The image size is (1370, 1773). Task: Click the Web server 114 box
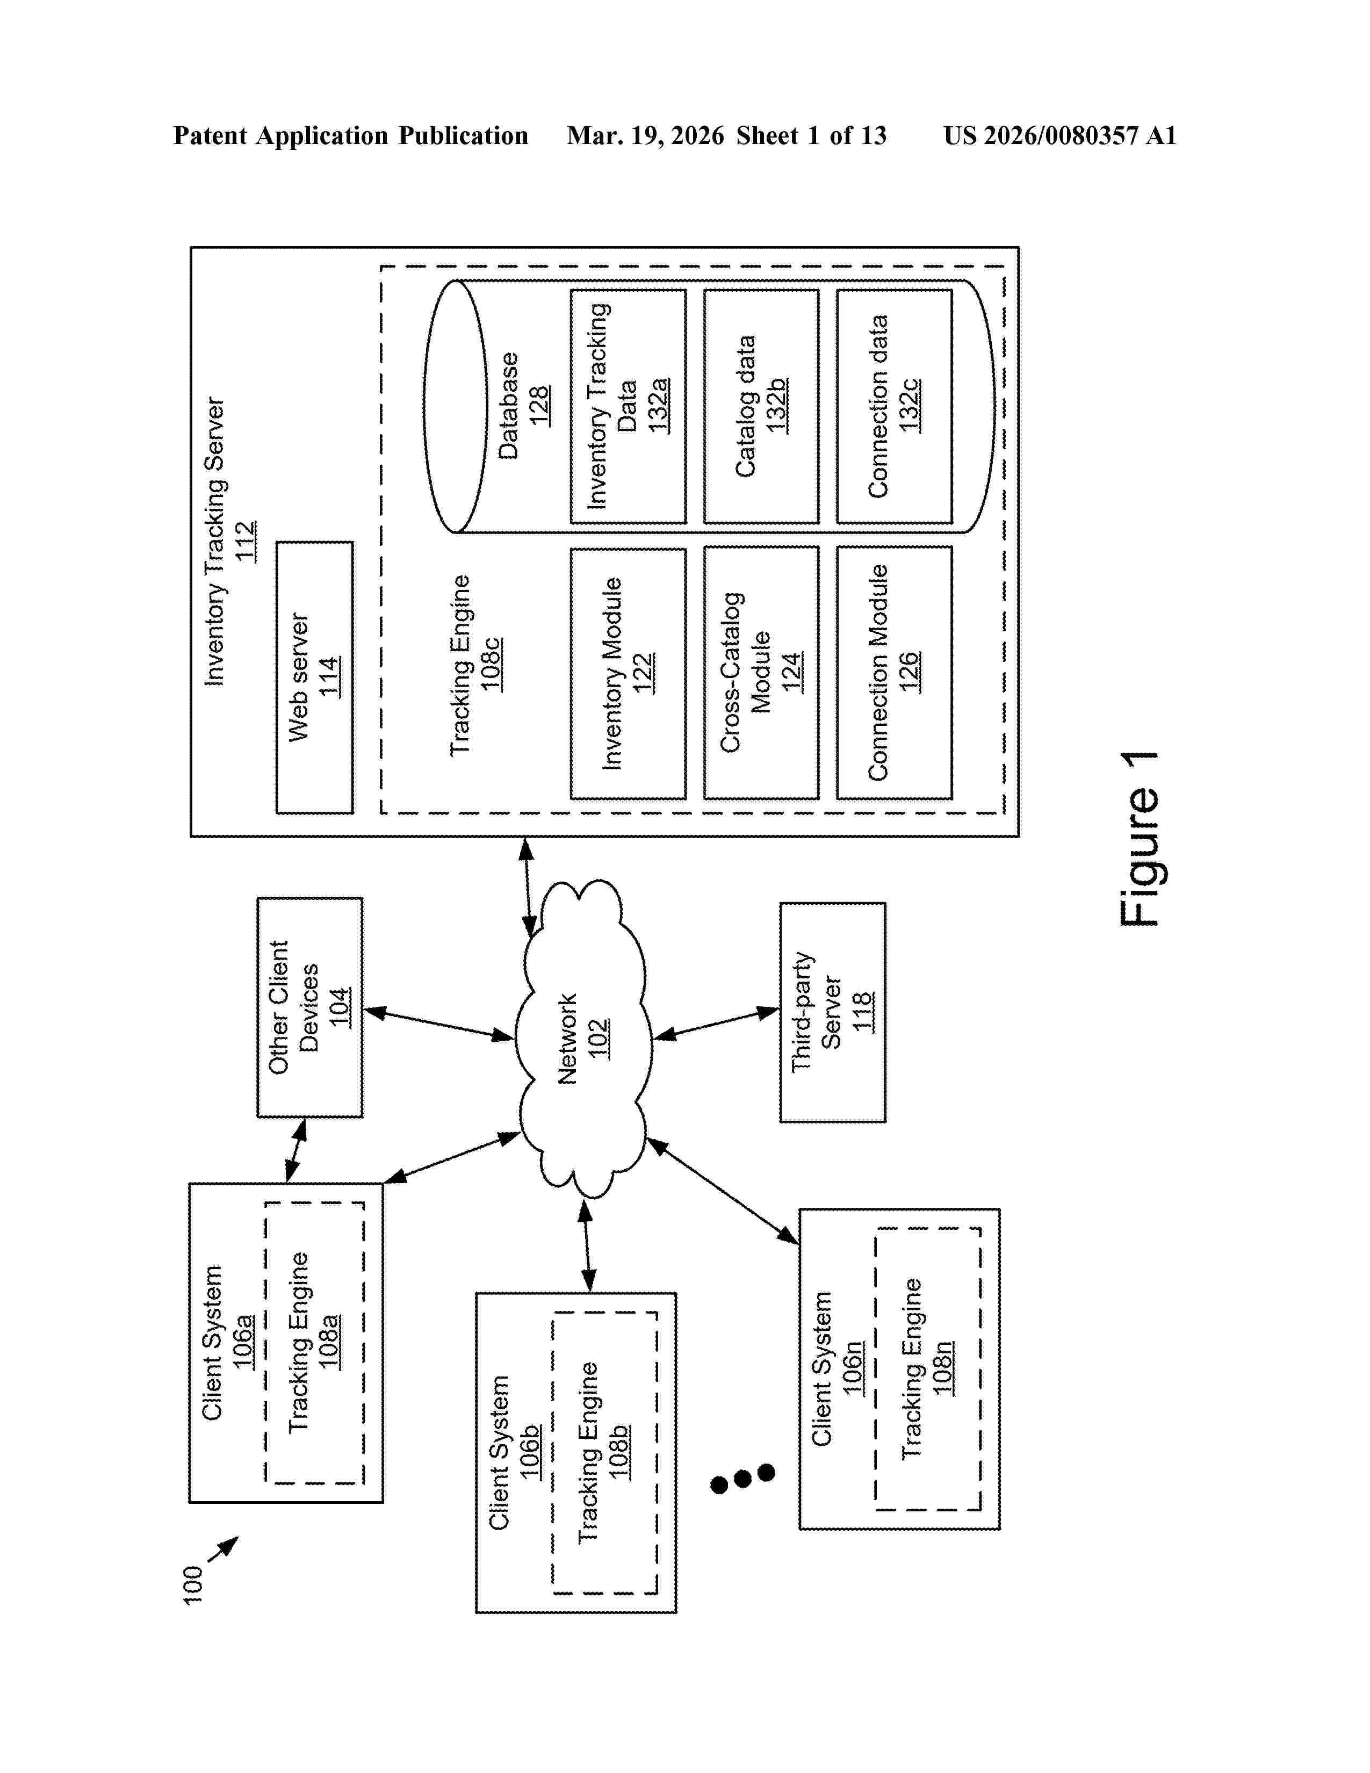tap(314, 677)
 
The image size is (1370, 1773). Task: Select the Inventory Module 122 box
tap(628, 673)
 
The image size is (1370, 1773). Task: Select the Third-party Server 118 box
tap(832, 1012)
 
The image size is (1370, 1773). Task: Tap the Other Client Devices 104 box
tap(309, 1007)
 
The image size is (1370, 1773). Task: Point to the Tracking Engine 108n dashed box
tap(928, 1369)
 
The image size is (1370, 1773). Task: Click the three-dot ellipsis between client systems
tap(742, 1479)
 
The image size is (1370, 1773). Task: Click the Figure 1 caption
tap(1140, 839)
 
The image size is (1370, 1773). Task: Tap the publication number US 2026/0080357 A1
tap(1059, 135)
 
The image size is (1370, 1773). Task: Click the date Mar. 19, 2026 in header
tap(645, 135)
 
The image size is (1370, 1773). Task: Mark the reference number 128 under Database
tap(539, 406)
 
